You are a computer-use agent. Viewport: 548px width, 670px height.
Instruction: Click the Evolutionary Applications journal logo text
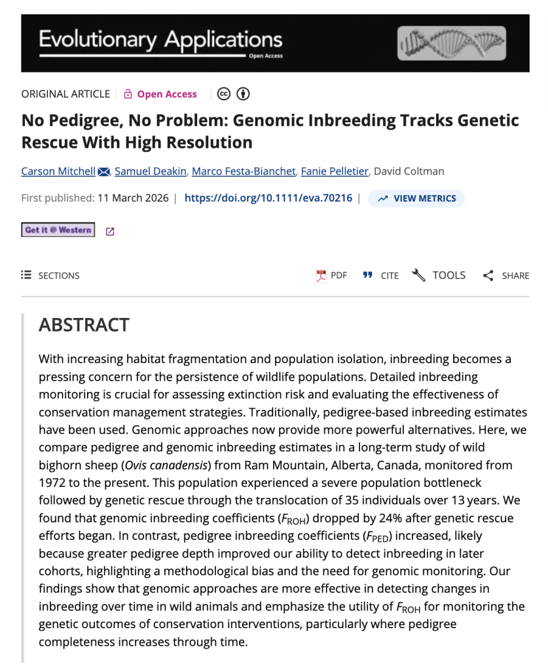click(x=160, y=41)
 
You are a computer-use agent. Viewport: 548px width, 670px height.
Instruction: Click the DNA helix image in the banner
click(x=451, y=43)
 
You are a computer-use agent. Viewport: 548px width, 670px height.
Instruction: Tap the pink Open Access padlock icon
click(x=128, y=94)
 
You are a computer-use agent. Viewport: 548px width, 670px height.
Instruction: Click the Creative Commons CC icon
click(x=224, y=94)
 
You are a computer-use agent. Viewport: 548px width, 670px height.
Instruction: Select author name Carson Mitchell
click(x=58, y=171)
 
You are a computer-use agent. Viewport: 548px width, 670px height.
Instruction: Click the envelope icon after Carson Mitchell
click(x=103, y=172)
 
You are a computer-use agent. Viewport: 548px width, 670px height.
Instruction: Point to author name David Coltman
click(x=410, y=171)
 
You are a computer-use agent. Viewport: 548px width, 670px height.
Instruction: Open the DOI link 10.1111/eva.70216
click(x=268, y=198)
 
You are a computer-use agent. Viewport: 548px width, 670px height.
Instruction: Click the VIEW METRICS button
click(x=416, y=198)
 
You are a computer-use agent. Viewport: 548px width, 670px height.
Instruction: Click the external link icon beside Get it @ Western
click(x=110, y=231)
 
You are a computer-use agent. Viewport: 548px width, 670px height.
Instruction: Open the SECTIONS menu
click(x=50, y=275)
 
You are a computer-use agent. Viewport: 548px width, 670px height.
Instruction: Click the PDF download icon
click(x=321, y=275)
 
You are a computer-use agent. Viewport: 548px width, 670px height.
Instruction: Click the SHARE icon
click(x=488, y=275)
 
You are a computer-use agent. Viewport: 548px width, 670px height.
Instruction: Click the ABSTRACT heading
click(x=84, y=325)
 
